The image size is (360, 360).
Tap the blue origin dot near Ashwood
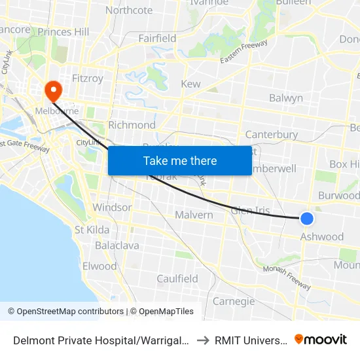tap(306, 219)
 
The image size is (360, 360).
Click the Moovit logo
tap(321, 339)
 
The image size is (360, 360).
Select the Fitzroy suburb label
tap(88, 79)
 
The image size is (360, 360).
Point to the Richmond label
tap(132, 125)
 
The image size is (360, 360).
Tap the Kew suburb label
tap(190, 84)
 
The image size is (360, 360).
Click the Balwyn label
tap(286, 98)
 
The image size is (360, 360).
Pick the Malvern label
tap(194, 215)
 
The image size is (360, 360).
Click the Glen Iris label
tap(250, 209)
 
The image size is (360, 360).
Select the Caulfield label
tap(177, 279)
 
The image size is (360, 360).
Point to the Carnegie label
tap(234, 301)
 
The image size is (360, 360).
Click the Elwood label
tap(99, 266)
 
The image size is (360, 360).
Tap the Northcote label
tap(129, 10)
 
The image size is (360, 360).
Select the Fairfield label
tap(157, 39)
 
